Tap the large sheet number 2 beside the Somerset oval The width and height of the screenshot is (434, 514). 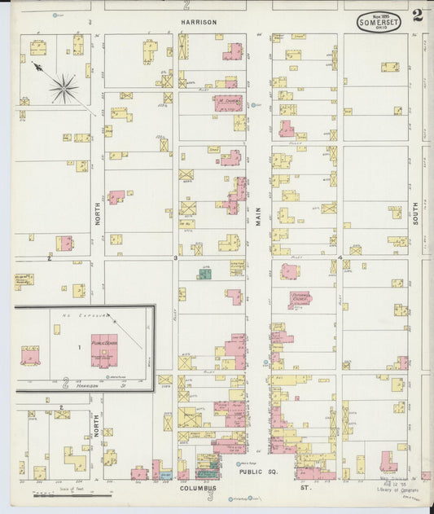[417, 15]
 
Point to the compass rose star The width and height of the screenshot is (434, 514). [64, 88]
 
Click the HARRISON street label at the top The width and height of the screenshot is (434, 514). [199, 23]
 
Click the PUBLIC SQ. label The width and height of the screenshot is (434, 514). [253, 472]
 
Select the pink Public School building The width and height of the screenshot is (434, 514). [104, 348]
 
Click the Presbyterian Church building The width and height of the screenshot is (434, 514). [300, 299]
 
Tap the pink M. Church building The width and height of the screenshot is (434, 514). [227, 103]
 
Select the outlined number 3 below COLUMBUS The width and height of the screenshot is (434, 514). [209, 495]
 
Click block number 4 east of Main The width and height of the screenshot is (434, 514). [340, 257]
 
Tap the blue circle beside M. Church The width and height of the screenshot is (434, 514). [254, 105]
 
